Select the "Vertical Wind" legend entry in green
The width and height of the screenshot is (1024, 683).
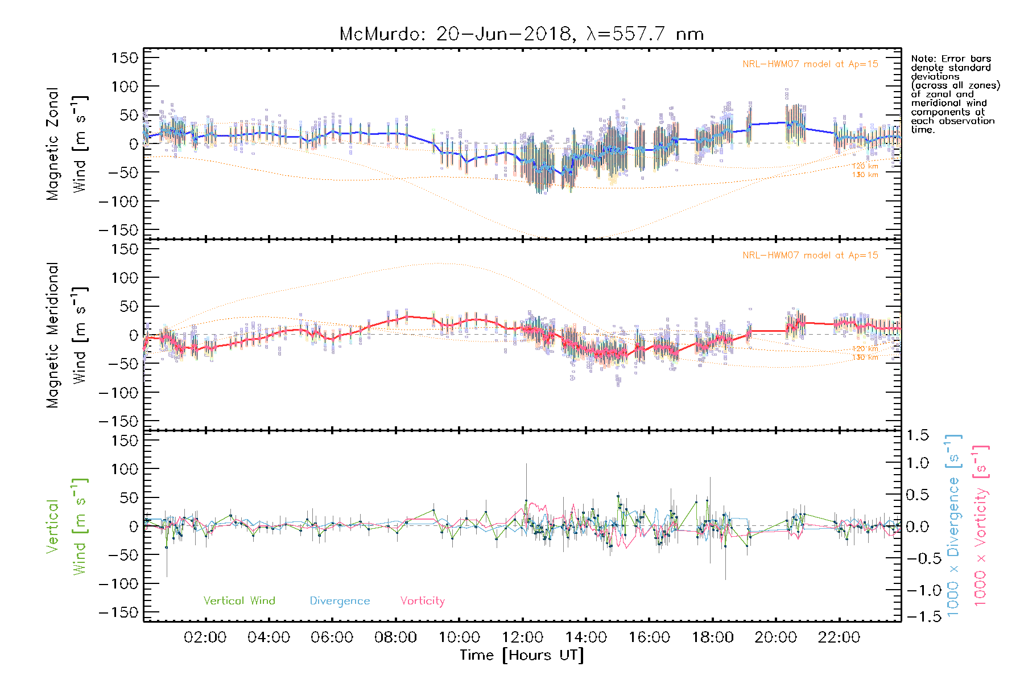tap(239, 601)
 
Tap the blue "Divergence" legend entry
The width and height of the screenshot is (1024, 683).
tap(340, 601)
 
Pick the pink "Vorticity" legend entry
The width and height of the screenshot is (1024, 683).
tap(422, 601)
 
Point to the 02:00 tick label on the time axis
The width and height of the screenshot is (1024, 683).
tap(205, 637)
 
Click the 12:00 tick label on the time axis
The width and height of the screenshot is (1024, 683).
tap(522, 637)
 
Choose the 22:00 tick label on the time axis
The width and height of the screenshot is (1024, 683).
tap(839, 637)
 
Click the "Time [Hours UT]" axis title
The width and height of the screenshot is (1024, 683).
tap(522, 655)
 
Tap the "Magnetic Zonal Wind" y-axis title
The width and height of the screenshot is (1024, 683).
tap(66, 143)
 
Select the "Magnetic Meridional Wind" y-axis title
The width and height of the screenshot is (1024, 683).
tap(66, 335)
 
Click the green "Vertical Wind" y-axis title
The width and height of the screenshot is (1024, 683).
tap(66, 526)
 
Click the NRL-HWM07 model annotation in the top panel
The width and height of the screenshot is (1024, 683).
tap(810, 64)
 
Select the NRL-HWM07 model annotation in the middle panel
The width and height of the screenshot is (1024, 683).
tap(810, 256)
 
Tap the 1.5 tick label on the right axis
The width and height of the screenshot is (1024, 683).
tap(918, 435)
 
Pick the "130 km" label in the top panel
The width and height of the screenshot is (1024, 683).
tap(865, 175)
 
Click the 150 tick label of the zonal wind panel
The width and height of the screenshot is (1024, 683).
tap(125, 57)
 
